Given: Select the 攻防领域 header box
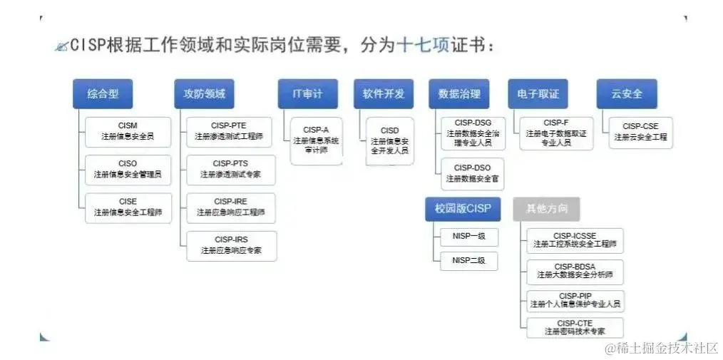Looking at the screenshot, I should [x=204, y=93].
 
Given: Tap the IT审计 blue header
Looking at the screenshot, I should [x=307, y=93].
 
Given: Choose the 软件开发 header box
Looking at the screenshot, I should [x=383, y=93].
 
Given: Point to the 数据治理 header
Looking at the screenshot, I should [x=458, y=93].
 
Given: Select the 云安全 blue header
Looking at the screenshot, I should [x=627, y=93].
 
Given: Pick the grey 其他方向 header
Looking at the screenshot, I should [x=545, y=209].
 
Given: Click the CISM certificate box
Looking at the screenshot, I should [x=128, y=131].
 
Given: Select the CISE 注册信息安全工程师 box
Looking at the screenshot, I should [x=128, y=207].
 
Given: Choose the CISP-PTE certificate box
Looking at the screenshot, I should [x=229, y=131].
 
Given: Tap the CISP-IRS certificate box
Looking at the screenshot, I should [x=231, y=245].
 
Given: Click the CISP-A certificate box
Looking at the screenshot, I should [x=316, y=140].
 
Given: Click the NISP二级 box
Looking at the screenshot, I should [x=468, y=261].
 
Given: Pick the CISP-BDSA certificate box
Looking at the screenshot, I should [x=575, y=270].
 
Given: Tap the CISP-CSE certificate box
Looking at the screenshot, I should [x=640, y=132].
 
